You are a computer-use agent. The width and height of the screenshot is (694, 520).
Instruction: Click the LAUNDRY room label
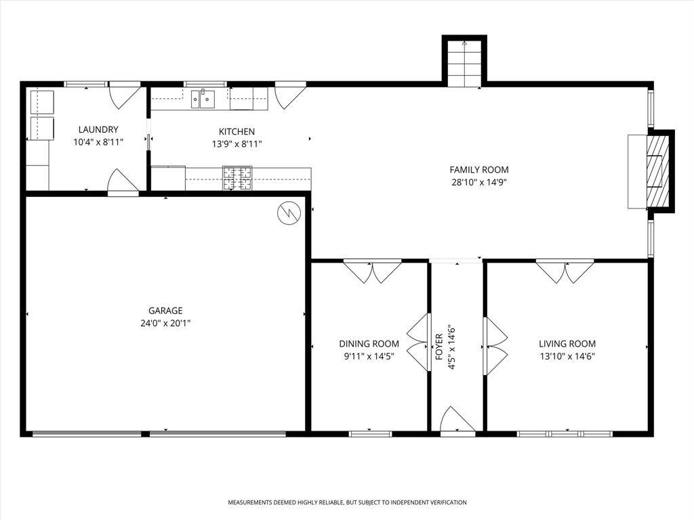98,129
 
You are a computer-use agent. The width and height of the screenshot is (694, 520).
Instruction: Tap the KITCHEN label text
237,131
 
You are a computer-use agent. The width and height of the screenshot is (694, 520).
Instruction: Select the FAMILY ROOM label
479,169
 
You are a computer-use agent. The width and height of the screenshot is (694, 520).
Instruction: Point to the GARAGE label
165,310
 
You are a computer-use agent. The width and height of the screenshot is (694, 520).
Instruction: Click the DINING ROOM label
369,343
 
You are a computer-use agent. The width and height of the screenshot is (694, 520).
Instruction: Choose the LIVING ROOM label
567,343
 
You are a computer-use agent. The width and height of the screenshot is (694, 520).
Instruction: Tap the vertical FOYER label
439,347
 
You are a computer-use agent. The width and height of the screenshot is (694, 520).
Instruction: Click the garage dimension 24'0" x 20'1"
165,323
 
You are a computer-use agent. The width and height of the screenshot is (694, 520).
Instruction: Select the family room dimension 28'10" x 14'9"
479,182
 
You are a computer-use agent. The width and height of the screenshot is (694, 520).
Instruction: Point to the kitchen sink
203,99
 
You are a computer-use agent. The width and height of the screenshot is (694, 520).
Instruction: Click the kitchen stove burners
237,178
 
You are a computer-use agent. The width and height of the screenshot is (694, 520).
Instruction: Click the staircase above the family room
464,63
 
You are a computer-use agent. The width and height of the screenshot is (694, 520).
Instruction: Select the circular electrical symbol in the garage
289,213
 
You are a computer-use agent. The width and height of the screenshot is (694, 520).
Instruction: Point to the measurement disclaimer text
347,502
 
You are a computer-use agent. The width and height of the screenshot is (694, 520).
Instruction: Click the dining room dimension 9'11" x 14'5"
369,356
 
